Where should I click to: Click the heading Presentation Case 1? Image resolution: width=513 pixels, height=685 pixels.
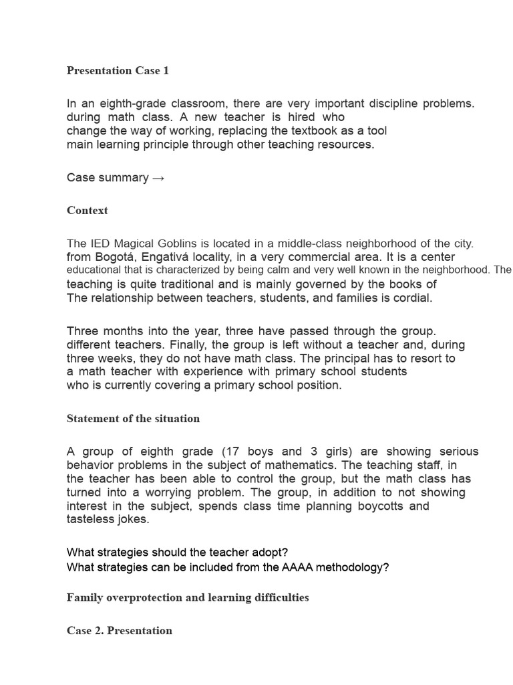click(118, 70)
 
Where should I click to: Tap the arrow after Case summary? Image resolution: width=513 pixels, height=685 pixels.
click(158, 178)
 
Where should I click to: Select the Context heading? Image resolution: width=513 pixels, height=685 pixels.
click(87, 210)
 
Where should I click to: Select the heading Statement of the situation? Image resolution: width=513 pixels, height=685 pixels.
click(133, 419)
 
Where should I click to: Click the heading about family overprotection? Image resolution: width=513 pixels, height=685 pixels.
click(188, 597)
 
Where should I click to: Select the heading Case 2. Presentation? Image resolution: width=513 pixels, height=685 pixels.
click(119, 630)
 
